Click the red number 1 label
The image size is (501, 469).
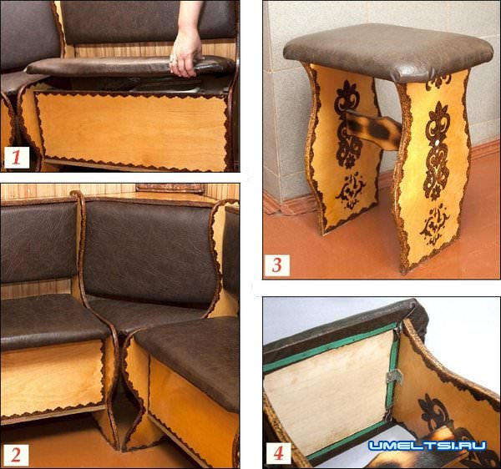tap(17, 158)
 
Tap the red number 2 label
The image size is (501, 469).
tap(15, 456)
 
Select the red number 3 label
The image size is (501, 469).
tap(276, 265)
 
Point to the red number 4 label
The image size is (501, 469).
tap(278, 453)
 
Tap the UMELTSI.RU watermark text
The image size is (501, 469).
tap(428, 446)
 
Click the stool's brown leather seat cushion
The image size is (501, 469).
tap(388, 51)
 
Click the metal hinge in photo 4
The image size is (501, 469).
tap(394, 377)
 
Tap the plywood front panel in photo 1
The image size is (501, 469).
tap(132, 129)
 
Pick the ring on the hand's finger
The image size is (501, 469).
tap(172, 60)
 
